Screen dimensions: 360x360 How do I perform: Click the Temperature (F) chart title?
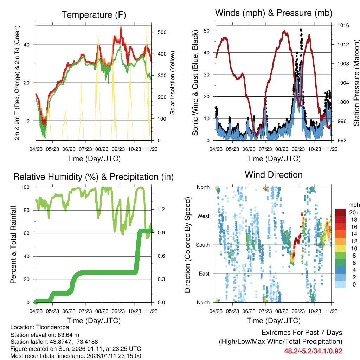coord(94,15)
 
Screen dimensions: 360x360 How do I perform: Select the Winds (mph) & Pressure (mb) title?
coord(274,13)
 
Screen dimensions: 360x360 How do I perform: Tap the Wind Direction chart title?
coord(274,175)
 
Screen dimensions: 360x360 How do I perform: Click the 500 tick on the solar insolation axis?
coord(162,32)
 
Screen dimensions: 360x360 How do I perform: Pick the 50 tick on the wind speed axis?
coord(207,31)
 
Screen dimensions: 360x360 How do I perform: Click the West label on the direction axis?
coord(204,216)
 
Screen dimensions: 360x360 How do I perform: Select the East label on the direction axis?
coord(204,273)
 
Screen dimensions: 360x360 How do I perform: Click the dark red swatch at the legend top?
coord(340,212)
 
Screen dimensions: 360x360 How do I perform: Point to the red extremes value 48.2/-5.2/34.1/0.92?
coord(313,351)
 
